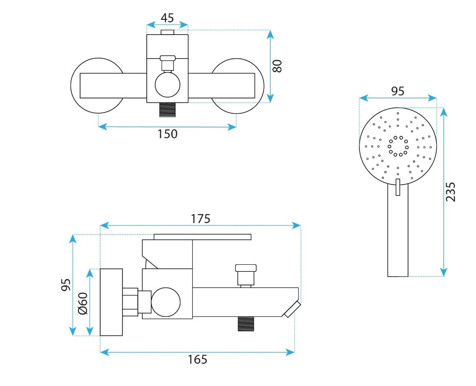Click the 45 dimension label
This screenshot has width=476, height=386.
[167, 18]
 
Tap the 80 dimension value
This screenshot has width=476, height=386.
[277, 66]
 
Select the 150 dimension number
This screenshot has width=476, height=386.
[167, 134]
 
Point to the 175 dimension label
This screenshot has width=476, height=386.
[201, 219]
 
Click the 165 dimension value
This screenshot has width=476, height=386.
[197, 359]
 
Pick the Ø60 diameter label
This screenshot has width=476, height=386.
[83, 303]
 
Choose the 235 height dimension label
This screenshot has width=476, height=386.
[451, 192]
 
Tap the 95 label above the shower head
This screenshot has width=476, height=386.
[398, 91]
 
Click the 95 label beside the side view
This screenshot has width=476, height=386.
[66, 285]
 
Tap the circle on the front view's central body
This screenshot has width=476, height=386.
[168, 84]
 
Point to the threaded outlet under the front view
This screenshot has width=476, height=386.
[168, 109]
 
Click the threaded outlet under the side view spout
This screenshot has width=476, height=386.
[246, 324]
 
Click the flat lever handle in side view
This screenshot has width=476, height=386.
[202, 237]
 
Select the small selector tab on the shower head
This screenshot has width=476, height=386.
[398, 187]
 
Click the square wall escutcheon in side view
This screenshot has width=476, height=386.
[111, 302]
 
